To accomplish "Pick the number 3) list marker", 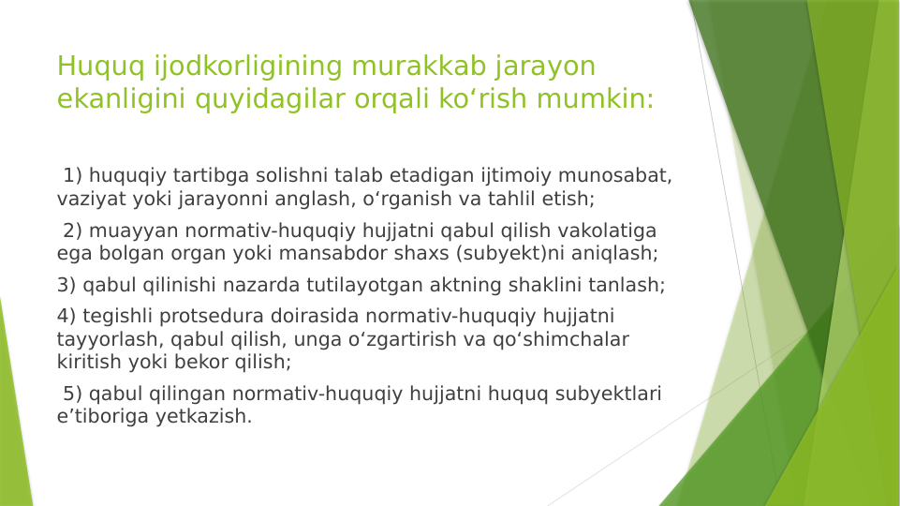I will [x=66, y=285].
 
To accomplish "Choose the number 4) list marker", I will [x=66, y=317].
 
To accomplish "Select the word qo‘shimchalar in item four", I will [x=562, y=339].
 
